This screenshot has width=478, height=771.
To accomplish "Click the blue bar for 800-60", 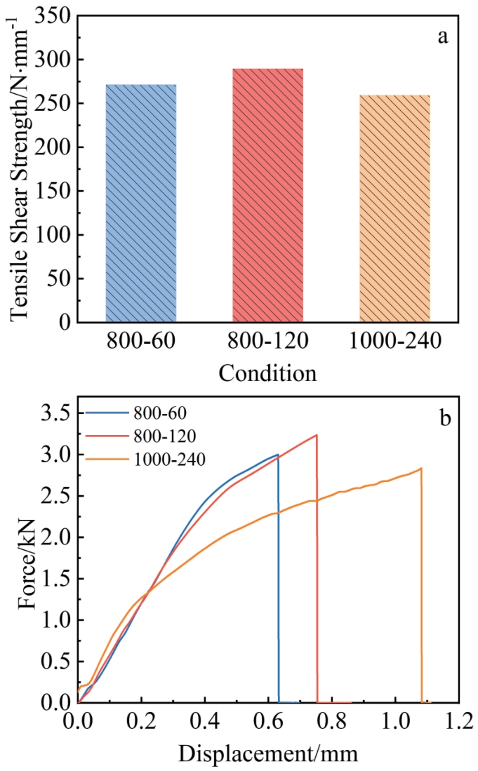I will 140,203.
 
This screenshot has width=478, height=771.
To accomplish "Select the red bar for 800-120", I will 267,196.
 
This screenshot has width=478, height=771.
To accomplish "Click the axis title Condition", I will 267,373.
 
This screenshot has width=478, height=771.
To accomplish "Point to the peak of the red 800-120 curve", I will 317,435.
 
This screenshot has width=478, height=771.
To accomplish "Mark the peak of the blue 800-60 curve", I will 278,455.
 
